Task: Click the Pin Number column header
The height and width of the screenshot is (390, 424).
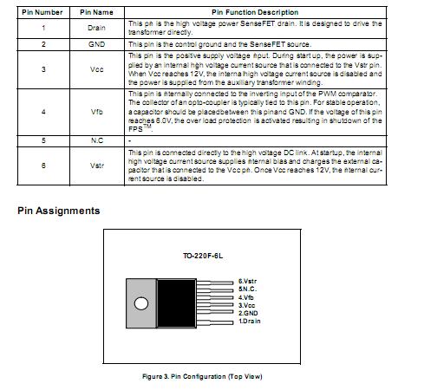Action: (x=42, y=12)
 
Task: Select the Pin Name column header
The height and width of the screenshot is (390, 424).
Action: (x=96, y=12)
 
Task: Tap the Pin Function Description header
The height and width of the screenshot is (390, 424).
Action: (x=266, y=12)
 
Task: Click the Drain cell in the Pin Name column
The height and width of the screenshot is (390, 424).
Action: (x=96, y=28)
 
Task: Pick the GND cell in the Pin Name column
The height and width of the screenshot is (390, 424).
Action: (x=96, y=42)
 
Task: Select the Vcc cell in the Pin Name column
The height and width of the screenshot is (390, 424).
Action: (x=96, y=66)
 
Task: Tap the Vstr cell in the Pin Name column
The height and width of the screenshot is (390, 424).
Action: (x=96, y=165)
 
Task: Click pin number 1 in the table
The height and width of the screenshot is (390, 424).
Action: (x=42, y=28)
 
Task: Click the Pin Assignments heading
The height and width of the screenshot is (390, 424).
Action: (x=58, y=211)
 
